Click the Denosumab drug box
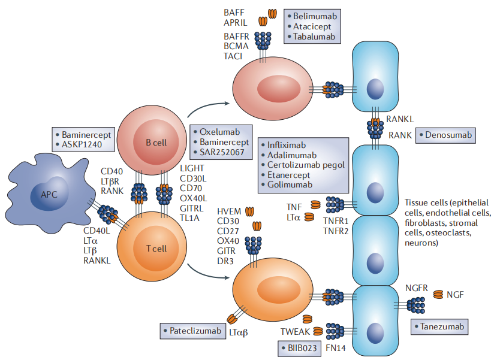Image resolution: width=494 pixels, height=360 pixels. pyautogui.click(x=445, y=135)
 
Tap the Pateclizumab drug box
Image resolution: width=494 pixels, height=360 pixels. pyautogui.click(x=192, y=330)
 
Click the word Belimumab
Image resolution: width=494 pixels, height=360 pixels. pyautogui.click(x=315, y=16)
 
